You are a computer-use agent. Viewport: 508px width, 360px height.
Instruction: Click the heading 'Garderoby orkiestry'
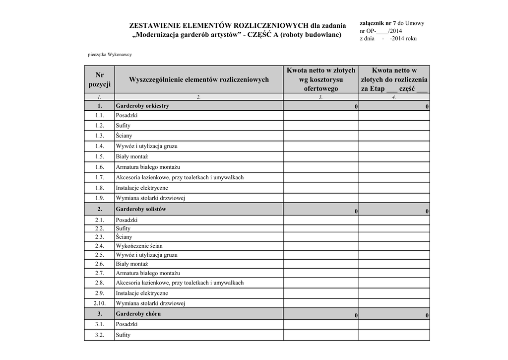pos(142,106)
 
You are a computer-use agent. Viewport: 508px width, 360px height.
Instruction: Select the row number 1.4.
pos(100,146)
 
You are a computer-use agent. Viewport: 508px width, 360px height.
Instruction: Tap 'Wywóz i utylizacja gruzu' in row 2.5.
pos(146,255)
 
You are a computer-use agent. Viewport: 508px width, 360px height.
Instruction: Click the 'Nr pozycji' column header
pos(100,79)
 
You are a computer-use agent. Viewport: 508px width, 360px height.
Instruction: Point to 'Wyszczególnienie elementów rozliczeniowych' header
pos(198,79)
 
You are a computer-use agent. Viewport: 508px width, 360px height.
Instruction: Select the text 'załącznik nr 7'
pos(377,23)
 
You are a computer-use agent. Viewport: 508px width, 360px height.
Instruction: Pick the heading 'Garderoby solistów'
pos(141,209)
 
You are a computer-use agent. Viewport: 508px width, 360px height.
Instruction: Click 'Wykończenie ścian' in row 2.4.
pos(139,246)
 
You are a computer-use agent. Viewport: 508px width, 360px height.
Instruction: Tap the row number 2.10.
pos(100,303)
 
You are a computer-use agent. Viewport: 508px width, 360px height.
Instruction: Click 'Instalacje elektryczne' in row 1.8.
pos(142,188)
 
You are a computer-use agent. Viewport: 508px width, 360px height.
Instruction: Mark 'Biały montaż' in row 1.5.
pos(128,157)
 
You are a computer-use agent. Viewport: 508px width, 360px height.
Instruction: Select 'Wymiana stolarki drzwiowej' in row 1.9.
pos(150,199)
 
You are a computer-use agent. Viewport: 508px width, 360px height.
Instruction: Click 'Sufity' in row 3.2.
pos(123,335)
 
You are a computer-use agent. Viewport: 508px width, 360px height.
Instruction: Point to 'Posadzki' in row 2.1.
pos(127,220)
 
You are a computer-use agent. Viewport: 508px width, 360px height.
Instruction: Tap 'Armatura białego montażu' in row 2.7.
pos(148,273)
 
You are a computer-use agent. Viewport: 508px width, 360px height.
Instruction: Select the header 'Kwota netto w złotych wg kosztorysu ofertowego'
pos(320,79)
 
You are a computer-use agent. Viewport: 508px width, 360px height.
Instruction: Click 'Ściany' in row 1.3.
pos(124,136)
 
